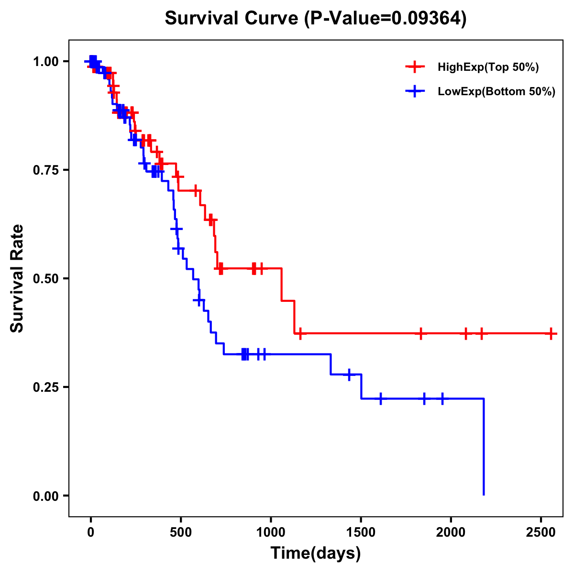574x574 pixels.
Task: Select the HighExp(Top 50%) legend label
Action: [x=488, y=67]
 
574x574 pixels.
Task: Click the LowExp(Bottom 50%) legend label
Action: [x=496, y=92]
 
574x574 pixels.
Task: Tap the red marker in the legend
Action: [x=415, y=67]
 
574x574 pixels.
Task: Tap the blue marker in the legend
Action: [x=415, y=92]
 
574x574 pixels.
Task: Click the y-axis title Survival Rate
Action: [x=17, y=278]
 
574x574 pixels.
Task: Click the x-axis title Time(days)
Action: [x=316, y=553]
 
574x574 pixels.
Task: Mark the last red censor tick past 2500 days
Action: [x=551, y=333]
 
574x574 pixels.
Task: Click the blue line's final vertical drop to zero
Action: [x=484, y=447]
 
